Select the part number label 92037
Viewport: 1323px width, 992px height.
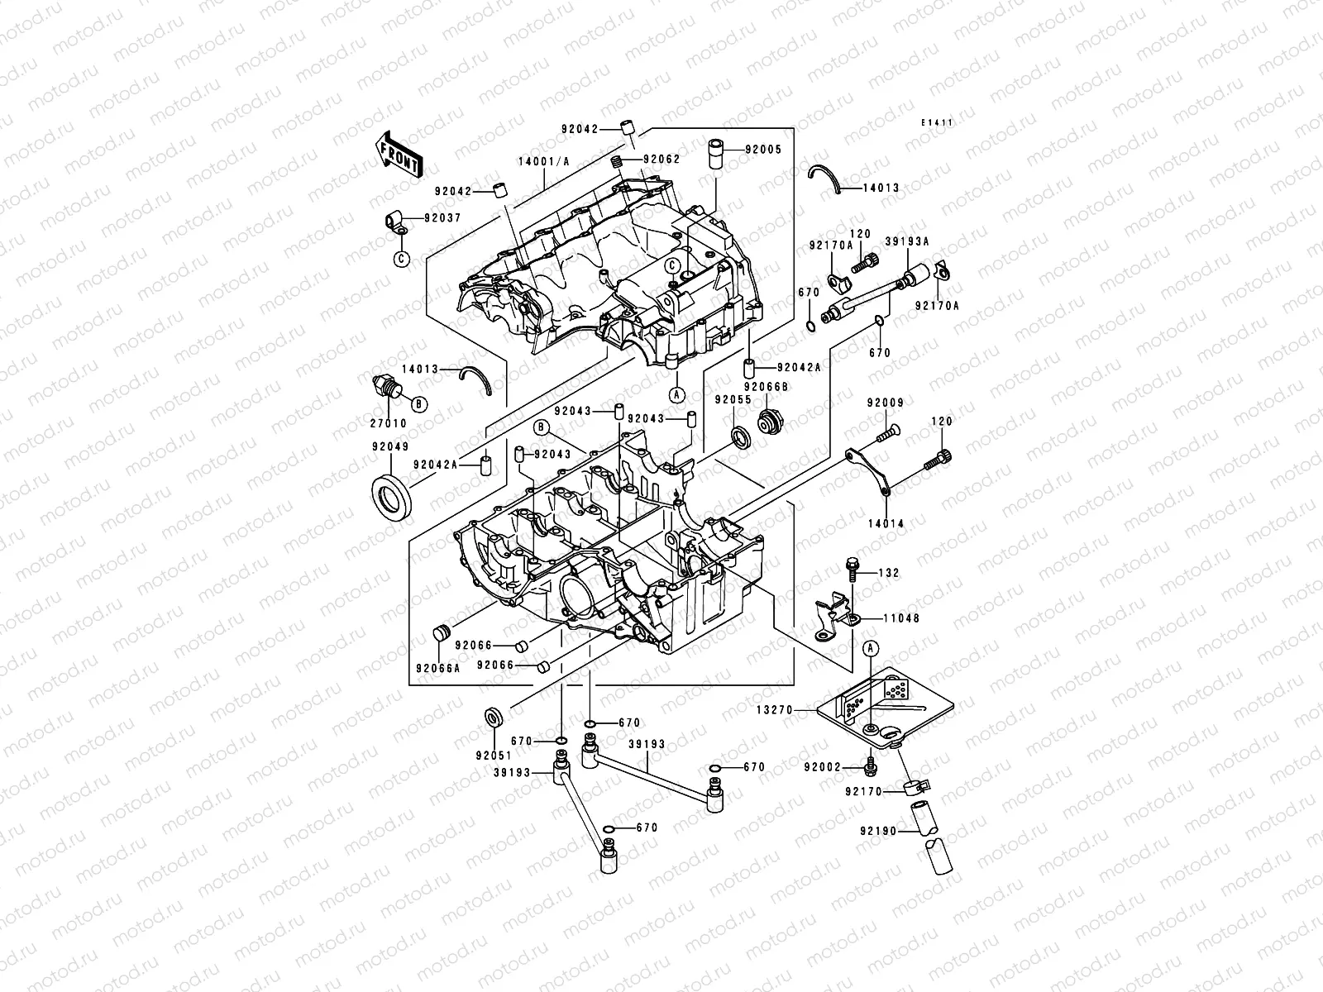[x=442, y=218]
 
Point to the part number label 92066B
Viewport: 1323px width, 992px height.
[x=766, y=386]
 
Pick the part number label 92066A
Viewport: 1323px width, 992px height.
[x=437, y=668]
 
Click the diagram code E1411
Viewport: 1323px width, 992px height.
[x=939, y=122]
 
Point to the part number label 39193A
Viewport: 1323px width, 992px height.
[x=908, y=241]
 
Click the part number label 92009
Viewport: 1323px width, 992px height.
[x=885, y=403]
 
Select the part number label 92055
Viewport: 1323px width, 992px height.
[x=733, y=398]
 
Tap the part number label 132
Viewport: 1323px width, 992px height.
[x=888, y=572]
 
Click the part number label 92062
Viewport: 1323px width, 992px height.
[x=661, y=159]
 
